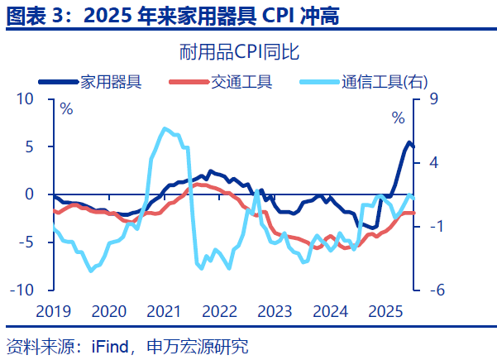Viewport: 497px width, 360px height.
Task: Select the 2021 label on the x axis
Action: (163, 311)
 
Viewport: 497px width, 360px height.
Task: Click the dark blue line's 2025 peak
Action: (409, 143)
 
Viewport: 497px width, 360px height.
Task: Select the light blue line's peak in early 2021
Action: (164, 128)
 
